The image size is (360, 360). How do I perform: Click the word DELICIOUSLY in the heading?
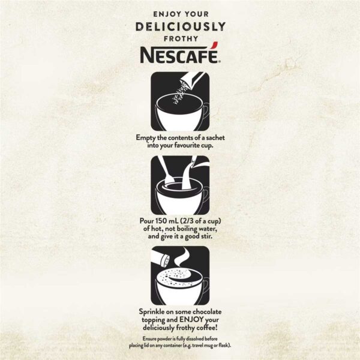(181, 26)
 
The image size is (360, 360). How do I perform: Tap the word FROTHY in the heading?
(181, 39)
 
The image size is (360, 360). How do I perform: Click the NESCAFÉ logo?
(181, 53)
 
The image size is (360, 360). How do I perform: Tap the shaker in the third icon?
(161, 258)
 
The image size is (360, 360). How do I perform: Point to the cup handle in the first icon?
(206, 110)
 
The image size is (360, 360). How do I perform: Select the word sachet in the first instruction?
(215, 138)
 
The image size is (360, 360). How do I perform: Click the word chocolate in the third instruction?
(207, 312)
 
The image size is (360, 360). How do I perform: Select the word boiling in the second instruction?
(187, 229)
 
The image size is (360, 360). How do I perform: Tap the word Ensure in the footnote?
(149, 339)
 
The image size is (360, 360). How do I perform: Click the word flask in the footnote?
(224, 346)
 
